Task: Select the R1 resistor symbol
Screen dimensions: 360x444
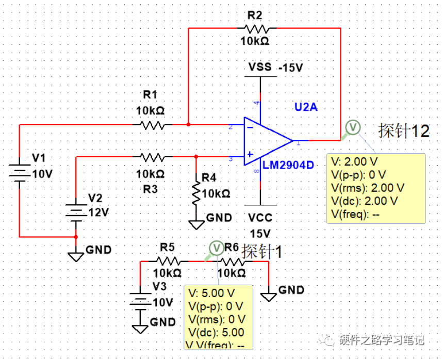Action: (x=152, y=125)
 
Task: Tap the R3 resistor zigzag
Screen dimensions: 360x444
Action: (x=152, y=156)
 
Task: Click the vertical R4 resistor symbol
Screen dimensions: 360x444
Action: (x=196, y=191)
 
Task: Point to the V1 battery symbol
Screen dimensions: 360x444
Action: (x=19, y=172)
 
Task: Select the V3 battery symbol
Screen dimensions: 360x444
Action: (x=140, y=302)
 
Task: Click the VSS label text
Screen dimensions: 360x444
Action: (x=260, y=68)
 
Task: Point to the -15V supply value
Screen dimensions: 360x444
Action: (x=290, y=68)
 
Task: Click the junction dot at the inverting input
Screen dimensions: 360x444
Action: (x=188, y=125)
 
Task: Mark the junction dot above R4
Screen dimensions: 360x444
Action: (x=196, y=156)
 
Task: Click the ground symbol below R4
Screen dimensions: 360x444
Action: (x=196, y=224)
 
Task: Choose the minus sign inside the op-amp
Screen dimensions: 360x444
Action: (x=250, y=126)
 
